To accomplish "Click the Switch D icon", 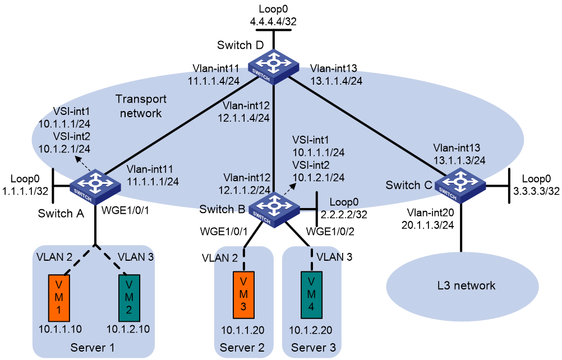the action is (274, 66).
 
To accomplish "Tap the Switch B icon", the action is (274, 210).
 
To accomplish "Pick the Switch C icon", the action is (460, 185).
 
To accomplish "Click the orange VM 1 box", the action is (59, 298).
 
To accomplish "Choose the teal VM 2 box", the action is (129, 298).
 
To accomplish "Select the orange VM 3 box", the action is (243, 295).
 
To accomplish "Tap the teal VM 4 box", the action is (311, 295).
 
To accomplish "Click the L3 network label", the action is (466, 285).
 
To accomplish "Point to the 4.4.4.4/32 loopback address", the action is (273, 21).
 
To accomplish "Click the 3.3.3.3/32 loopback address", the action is (536, 191).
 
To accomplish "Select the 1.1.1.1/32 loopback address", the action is (25, 191).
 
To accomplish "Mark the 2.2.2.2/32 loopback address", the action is (344, 214).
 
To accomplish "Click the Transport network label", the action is (141, 106).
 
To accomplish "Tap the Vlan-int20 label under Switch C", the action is (430, 213).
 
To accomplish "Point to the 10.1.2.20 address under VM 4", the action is (311, 330).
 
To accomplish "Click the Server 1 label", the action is (93, 348).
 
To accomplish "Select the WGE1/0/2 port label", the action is (330, 232).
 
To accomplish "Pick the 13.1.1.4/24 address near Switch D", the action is (336, 81).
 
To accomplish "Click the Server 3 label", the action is (314, 348).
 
